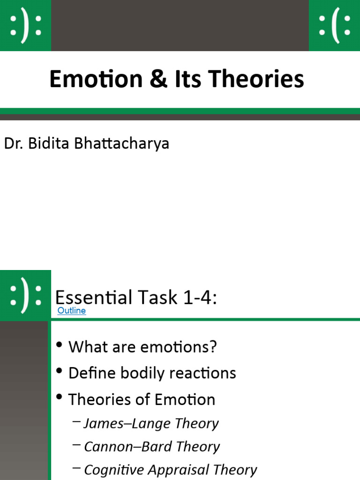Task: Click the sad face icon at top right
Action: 334,25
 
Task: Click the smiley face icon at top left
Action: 25,25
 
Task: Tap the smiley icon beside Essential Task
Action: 25,295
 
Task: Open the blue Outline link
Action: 71,310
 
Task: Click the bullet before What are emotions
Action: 59,346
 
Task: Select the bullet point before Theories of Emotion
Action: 59,398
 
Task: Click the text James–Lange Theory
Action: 151,423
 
